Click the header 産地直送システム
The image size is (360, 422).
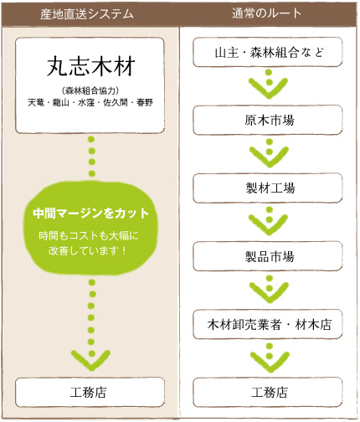[x=87, y=14]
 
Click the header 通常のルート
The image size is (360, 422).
[x=266, y=13]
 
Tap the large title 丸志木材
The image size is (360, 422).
[x=91, y=66]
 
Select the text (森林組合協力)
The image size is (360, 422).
[x=90, y=90]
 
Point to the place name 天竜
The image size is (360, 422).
[x=36, y=102]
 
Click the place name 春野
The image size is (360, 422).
[x=145, y=102]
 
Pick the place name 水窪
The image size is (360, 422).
[x=86, y=102]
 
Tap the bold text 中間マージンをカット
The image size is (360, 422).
[x=90, y=214]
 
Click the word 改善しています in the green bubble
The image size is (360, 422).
[x=83, y=250]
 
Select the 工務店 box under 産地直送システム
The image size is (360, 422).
[x=90, y=392]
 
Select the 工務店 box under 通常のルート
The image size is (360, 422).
[x=268, y=392]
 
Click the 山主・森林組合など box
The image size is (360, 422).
[x=268, y=52]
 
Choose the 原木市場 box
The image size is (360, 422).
[x=268, y=121]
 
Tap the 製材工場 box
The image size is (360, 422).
[x=268, y=188]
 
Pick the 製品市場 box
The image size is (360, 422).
[x=268, y=256]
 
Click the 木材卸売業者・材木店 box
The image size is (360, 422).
[x=268, y=324]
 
